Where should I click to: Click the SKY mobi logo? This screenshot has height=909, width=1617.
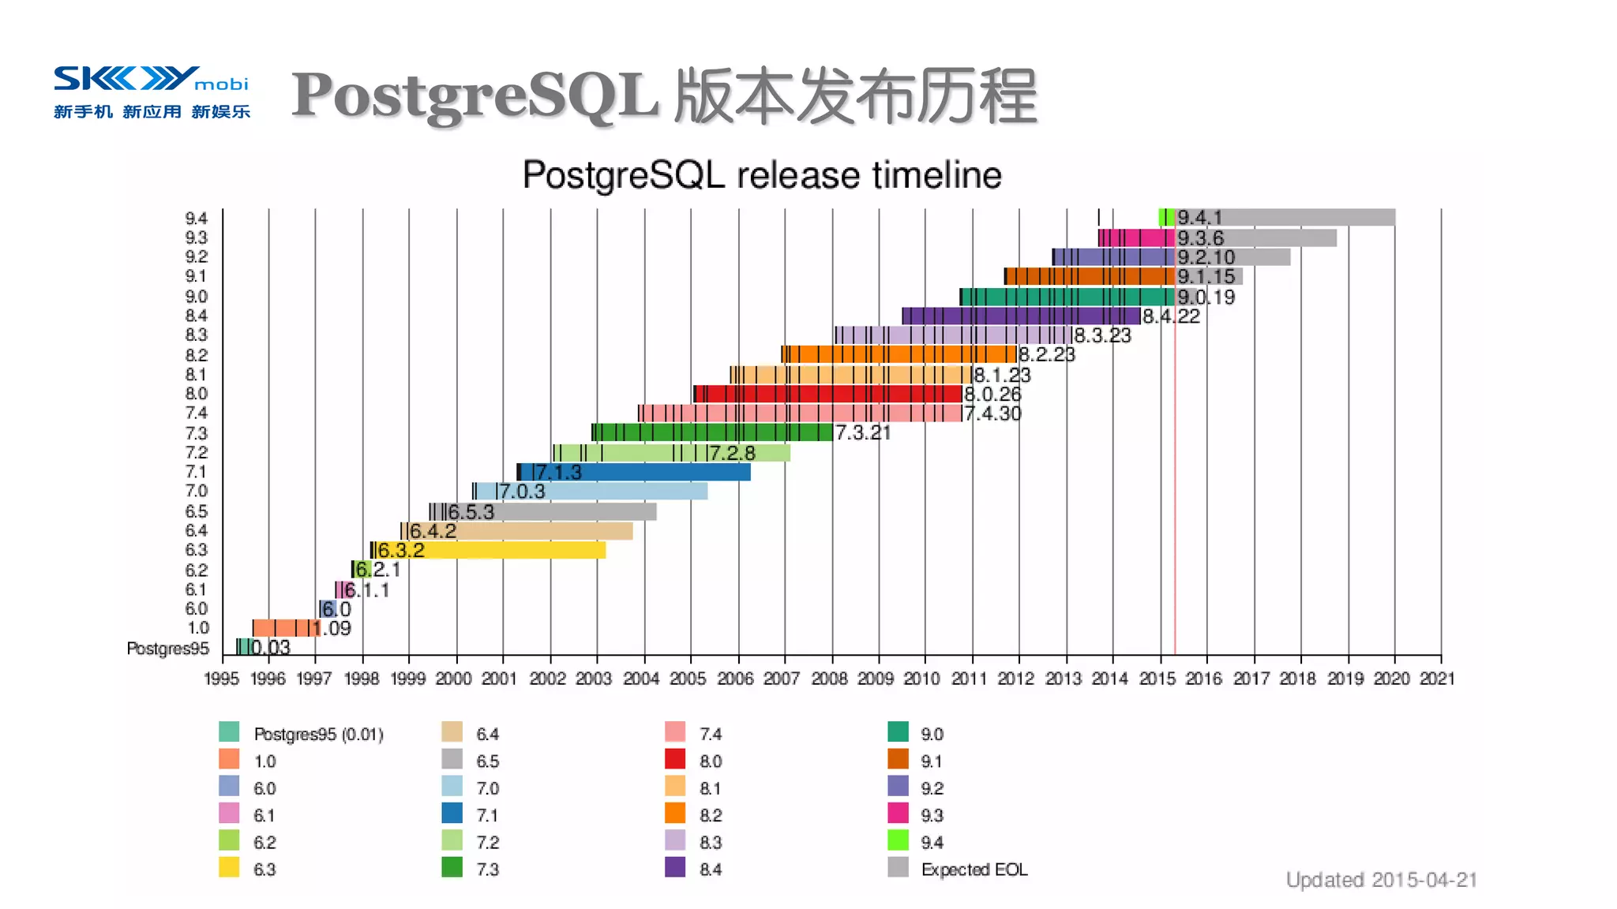pos(151,92)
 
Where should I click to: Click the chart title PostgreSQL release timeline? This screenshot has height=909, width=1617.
pos(762,175)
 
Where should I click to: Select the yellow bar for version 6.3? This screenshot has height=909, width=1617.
pos(513,550)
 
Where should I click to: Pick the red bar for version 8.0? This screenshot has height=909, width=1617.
pos(829,394)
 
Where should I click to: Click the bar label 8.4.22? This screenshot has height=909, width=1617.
pos(1171,316)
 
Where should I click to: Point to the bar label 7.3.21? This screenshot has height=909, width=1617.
pos(863,432)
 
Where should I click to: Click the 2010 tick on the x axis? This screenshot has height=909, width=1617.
pos(921,679)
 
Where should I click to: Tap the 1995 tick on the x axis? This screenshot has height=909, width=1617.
pos(221,679)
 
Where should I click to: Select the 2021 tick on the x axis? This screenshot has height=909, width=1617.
pos(1437,679)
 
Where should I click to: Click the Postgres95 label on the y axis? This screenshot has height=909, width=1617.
pos(167,649)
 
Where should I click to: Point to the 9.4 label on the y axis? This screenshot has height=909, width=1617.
pos(196,219)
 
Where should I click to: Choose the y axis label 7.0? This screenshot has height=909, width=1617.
pos(196,491)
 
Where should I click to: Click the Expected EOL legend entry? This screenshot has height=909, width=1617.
pos(974,870)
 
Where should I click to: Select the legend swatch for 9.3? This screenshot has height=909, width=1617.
pos(898,813)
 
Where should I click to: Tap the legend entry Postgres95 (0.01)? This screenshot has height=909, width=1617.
pos(318,735)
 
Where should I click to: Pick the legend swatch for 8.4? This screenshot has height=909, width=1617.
pos(675,867)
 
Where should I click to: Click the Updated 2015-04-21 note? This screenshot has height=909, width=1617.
pos(1381,880)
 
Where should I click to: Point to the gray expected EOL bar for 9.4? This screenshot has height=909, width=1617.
pos(1303,217)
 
